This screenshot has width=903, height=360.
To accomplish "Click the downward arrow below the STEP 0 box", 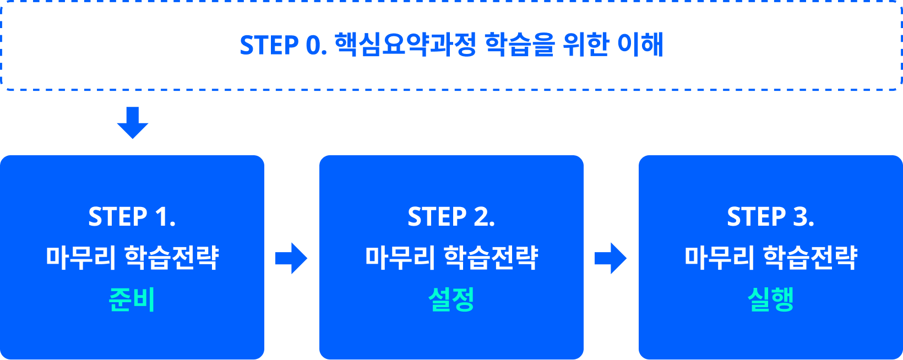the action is [x=133, y=123].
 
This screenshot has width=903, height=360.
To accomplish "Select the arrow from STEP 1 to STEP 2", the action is [x=291, y=258].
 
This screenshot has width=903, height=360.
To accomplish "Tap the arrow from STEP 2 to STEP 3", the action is [x=610, y=258].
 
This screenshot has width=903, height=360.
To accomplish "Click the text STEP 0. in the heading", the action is [x=284, y=45].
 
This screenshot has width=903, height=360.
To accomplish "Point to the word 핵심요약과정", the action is [x=406, y=45].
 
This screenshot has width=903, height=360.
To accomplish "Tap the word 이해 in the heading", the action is [x=640, y=45].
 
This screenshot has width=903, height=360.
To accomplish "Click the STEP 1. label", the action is [x=132, y=217].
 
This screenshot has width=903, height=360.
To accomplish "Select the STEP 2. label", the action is [x=452, y=217].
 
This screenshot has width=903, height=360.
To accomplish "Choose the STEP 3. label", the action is [x=771, y=217].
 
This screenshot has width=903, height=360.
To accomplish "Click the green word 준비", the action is [x=132, y=299].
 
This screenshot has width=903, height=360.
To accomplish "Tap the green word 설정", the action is [x=452, y=299].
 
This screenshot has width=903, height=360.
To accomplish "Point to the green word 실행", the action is [x=771, y=299].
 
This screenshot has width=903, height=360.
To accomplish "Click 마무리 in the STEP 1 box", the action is [x=80, y=258].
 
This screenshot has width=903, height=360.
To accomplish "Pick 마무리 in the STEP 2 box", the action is [x=400, y=258].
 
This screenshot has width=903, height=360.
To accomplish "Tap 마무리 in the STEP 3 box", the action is [x=720, y=258].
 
